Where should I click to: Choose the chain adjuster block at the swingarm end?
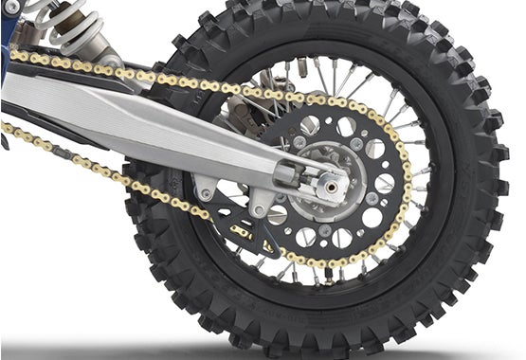click(294, 173)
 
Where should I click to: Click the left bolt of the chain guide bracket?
click(207, 194)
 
